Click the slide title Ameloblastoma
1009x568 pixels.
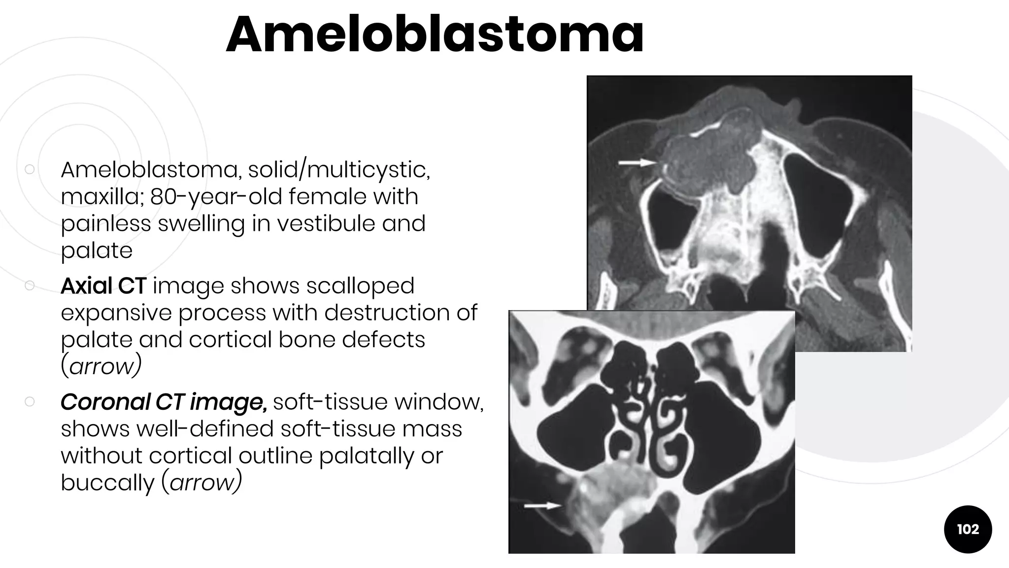pyautogui.click(x=435, y=35)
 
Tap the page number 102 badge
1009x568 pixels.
pyautogui.click(x=968, y=529)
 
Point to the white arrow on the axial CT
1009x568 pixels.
pyautogui.click(x=638, y=162)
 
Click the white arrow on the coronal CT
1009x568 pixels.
pyautogui.click(x=542, y=505)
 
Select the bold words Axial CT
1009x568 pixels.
pyautogui.click(x=103, y=286)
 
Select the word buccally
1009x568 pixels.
pyautogui.click(x=107, y=482)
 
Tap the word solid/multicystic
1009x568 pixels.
pyautogui.click(x=339, y=170)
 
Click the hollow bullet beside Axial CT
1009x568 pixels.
pyautogui.click(x=30, y=285)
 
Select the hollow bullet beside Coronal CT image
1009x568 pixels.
pyautogui.click(x=30, y=401)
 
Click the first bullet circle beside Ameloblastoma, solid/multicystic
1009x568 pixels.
pyautogui.click(x=30, y=169)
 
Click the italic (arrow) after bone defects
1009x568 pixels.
pyautogui.click(x=101, y=366)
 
